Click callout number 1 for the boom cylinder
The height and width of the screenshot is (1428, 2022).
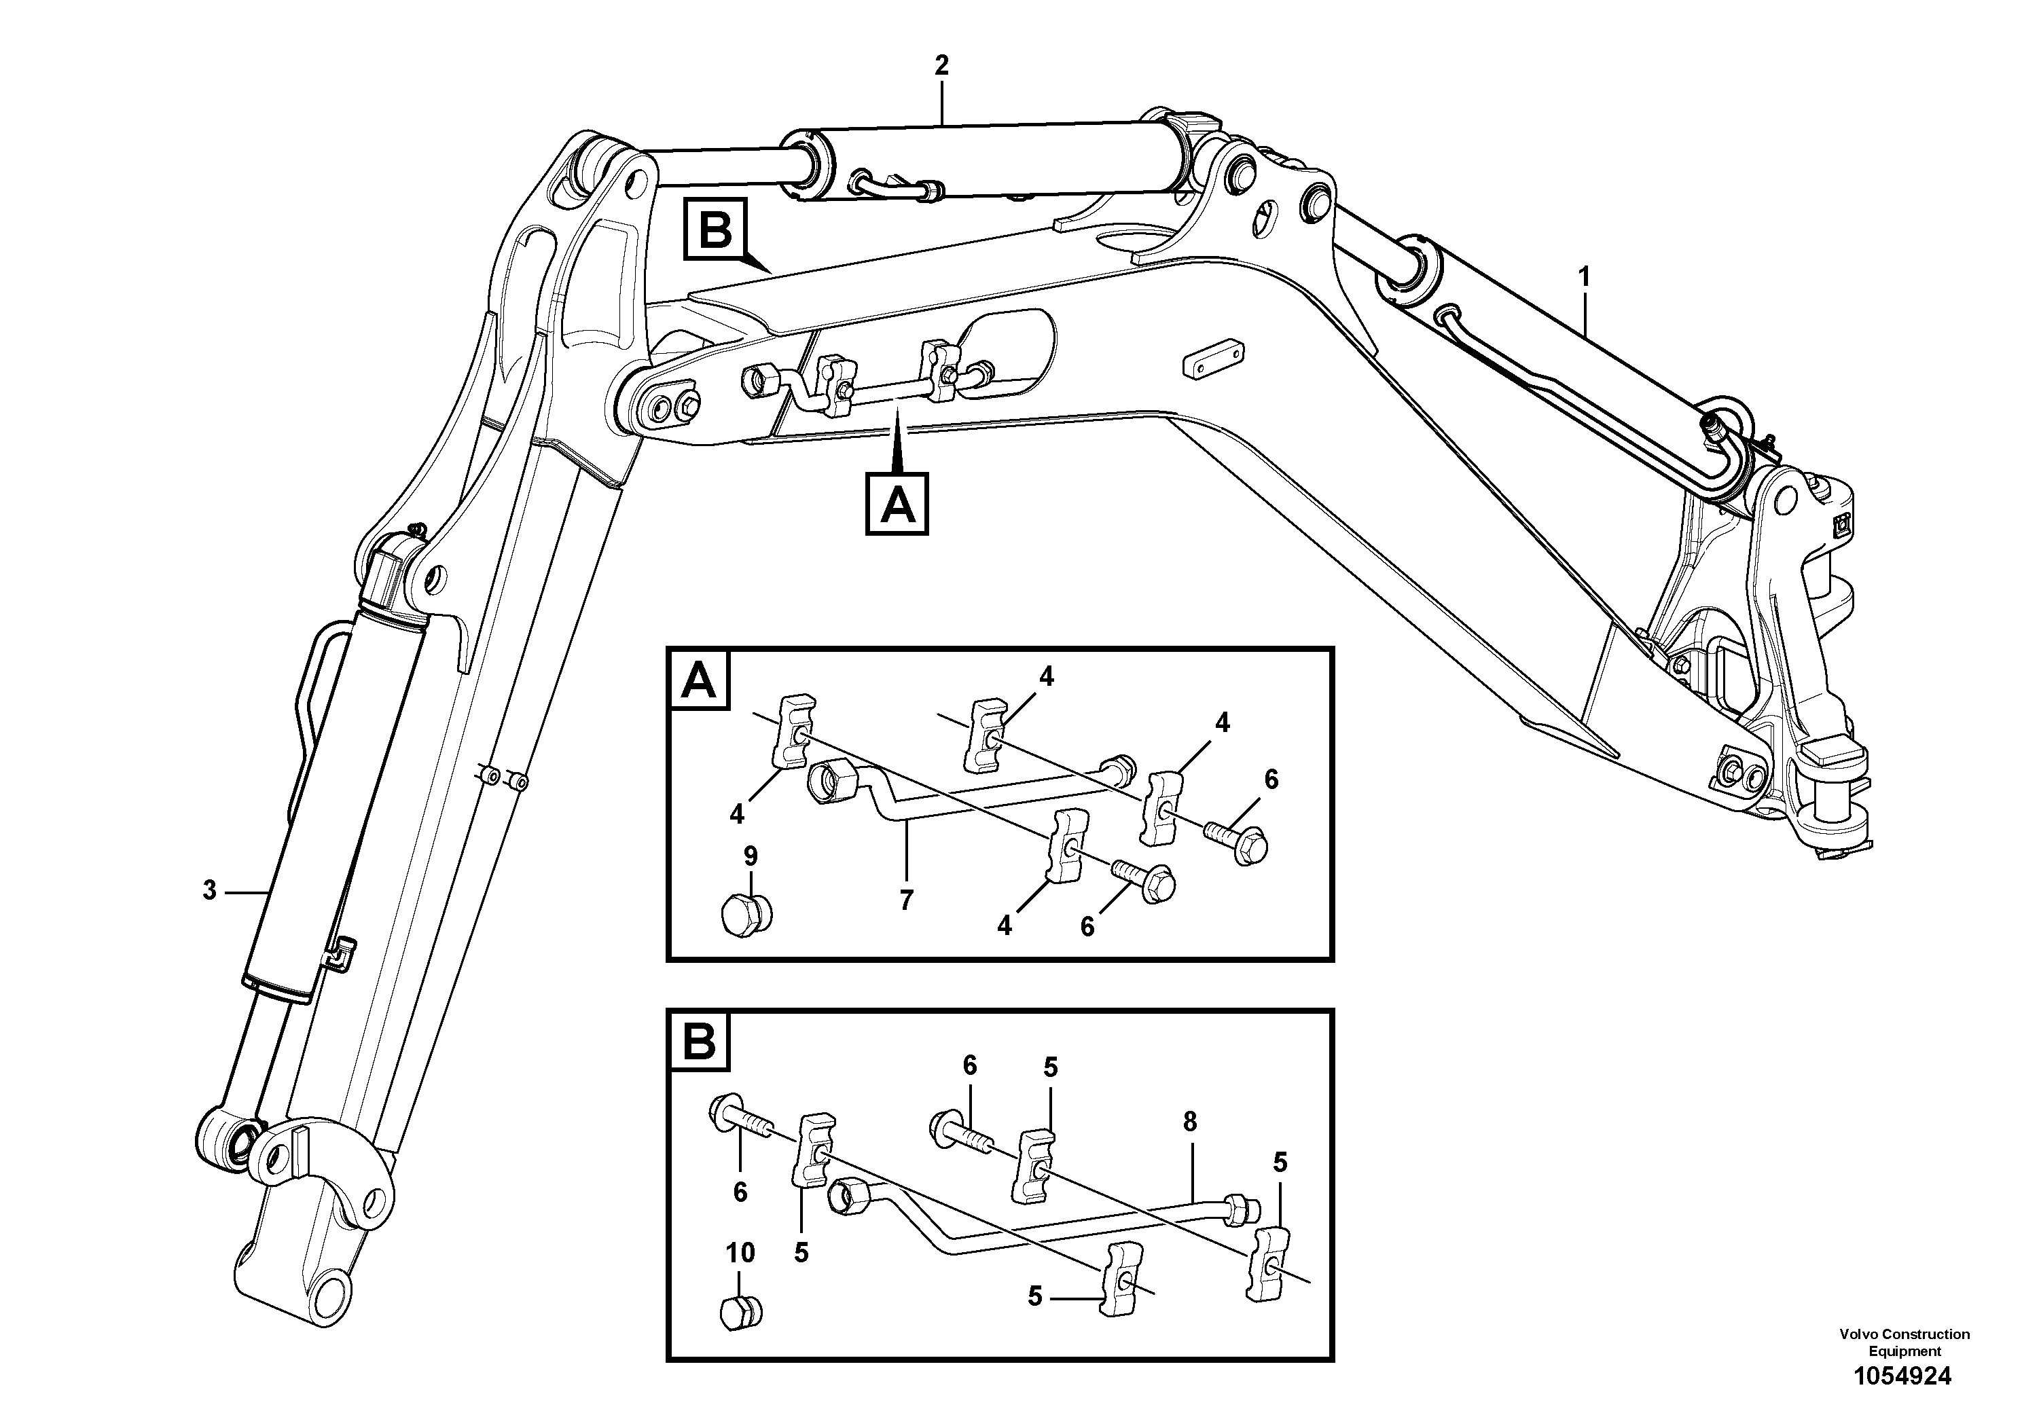tap(1585, 277)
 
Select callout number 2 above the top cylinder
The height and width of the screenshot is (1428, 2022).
tap(941, 65)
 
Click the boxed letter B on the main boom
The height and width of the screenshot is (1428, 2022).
tap(715, 231)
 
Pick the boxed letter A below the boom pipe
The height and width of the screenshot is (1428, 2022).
tap(897, 505)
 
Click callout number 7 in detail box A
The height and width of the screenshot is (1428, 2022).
tap(906, 899)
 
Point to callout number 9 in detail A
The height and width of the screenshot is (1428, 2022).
tap(751, 855)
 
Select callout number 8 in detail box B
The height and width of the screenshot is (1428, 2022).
tap(1190, 1122)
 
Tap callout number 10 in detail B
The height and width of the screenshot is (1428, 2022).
tap(740, 1253)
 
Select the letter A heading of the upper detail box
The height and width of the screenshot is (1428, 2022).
tap(700, 680)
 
